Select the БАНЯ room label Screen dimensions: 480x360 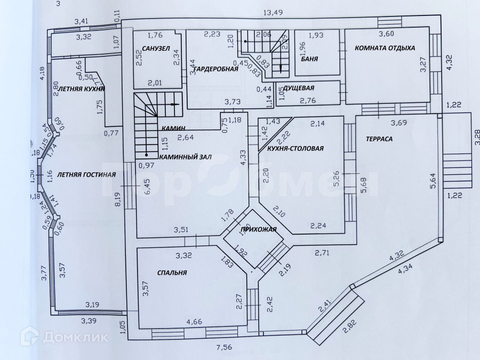pos(310,59)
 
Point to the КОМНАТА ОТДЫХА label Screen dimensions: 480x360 pos(381,48)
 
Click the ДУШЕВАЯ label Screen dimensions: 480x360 pos(299,88)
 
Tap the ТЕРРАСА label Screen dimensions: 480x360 pos(379,139)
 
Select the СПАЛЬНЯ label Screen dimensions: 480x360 pos(172,273)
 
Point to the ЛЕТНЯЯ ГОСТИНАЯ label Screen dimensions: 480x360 pos(86,174)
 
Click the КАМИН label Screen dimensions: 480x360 pos(173,128)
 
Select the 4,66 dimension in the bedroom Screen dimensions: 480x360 pos(194,322)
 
